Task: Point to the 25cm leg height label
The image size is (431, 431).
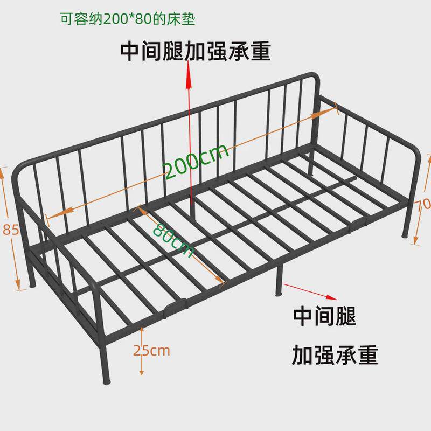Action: click(x=151, y=351)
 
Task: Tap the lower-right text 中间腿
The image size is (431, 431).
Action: click(x=324, y=316)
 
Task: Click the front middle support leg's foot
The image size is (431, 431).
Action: click(x=279, y=294)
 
